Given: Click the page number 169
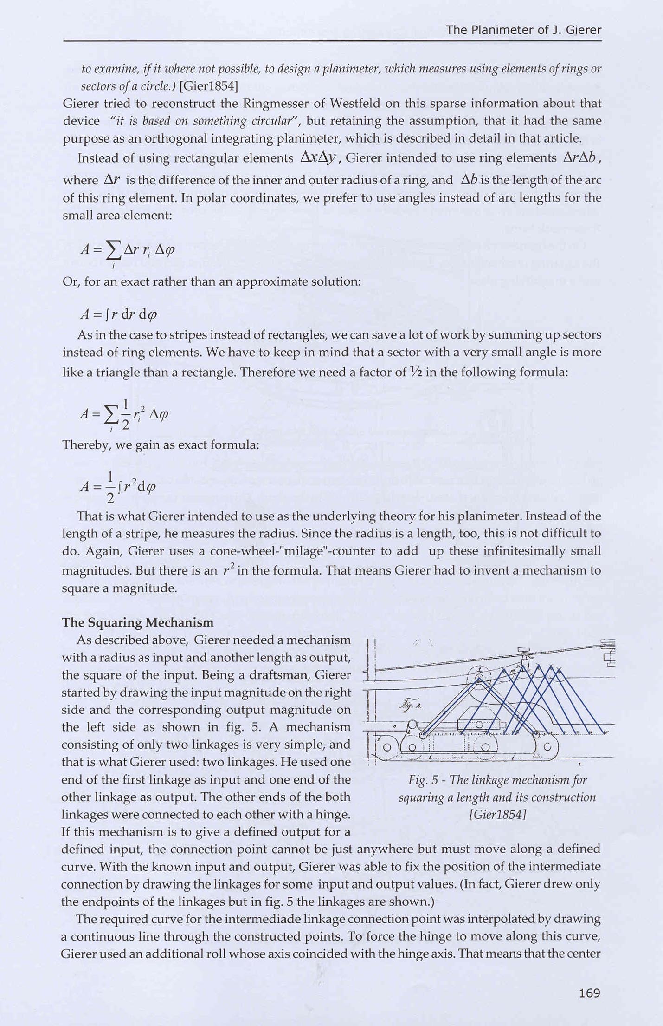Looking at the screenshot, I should click(590, 993).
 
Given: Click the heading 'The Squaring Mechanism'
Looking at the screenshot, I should click(138, 622).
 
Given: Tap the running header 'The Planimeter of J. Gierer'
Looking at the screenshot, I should click(523, 30).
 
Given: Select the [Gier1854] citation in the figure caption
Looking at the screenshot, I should click(497, 814).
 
